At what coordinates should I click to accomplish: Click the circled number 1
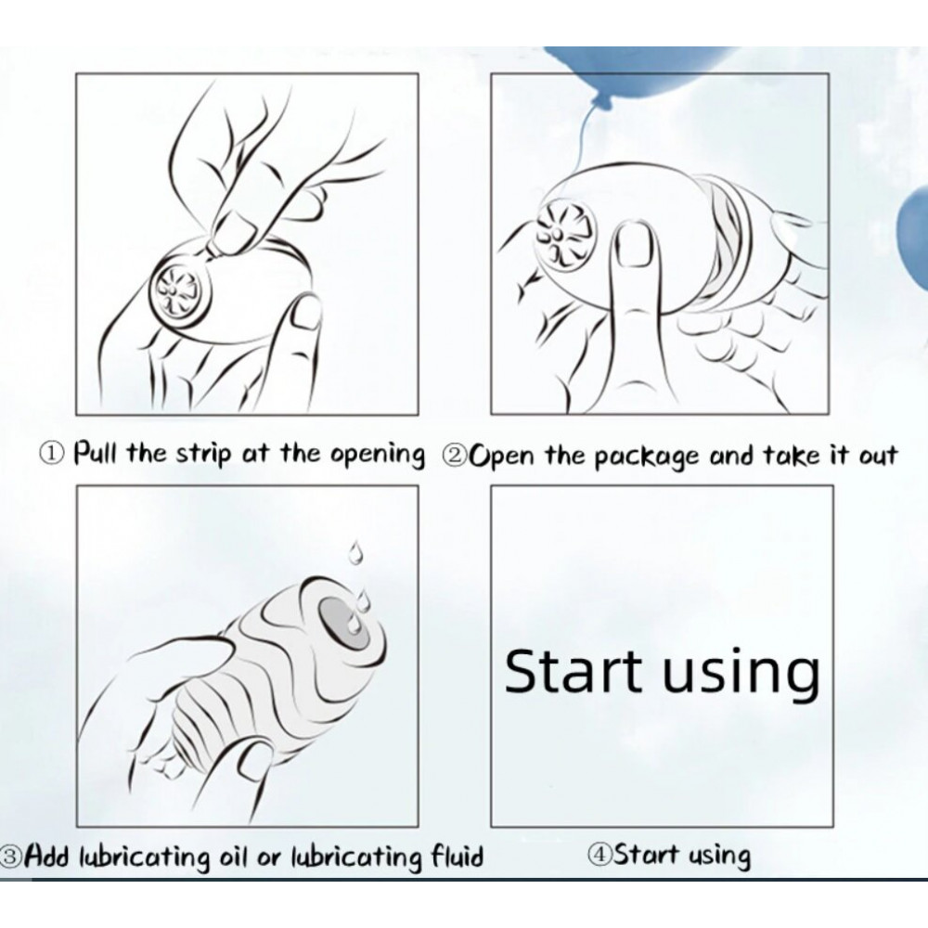(x=51, y=455)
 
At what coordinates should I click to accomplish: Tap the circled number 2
(x=455, y=456)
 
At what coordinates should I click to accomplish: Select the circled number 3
(x=10, y=856)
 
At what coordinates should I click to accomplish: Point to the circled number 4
(x=599, y=855)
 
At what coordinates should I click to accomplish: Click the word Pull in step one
(x=96, y=454)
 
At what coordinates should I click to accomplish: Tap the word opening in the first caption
(x=377, y=457)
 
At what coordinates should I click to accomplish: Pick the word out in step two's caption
(x=875, y=457)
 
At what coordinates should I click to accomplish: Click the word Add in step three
(x=49, y=856)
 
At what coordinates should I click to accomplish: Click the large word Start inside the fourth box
(x=573, y=671)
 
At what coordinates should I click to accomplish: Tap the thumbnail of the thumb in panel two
(x=635, y=244)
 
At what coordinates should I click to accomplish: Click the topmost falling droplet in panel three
(x=355, y=552)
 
